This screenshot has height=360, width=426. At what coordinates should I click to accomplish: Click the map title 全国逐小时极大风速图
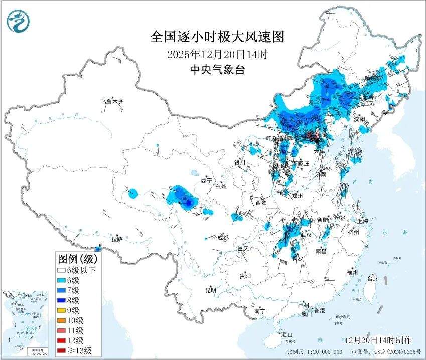coord(217,37)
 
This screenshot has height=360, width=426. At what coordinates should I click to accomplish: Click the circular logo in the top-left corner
coord(18,21)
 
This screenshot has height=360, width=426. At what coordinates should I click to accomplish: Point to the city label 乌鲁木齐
coord(111,102)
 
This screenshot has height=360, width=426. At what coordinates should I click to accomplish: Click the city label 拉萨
coord(117,239)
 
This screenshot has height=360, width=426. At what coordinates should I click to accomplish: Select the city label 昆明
coord(210,290)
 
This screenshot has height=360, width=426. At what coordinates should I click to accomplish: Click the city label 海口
coord(286,334)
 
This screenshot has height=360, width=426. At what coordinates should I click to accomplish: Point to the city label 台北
coord(372,278)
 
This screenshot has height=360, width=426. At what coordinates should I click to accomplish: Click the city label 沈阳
coord(359,119)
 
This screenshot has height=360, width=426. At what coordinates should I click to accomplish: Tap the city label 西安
coord(261,203)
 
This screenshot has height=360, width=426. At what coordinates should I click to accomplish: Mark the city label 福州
coord(352,272)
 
